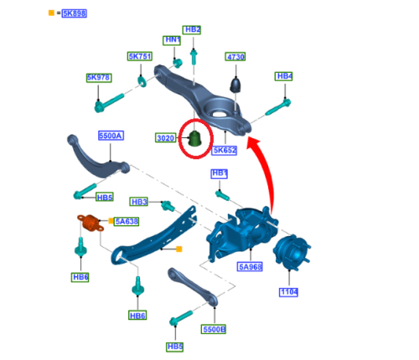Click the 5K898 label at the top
click(75, 13)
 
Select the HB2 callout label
click(192, 30)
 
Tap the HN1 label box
click(172, 40)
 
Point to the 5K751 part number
click(140, 56)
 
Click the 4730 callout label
click(235, 57)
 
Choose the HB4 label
click(284, 76)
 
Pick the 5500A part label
click(111, 136)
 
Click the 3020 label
click(165, 138)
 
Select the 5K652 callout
click(225, 150)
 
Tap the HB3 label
click(139, 202)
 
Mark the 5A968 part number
click(250, 267)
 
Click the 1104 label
click(288, 292)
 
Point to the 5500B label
click(214, 329)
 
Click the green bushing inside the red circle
click(195, 138)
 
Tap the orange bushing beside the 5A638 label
click(91, 223)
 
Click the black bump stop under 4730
click(235, 85)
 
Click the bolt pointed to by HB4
click(278, 107)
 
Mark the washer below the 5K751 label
click(142, 81)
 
